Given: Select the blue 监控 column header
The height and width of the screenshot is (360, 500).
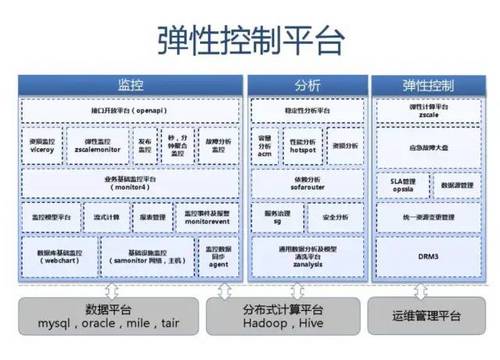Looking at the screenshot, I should click(x=131, y=85).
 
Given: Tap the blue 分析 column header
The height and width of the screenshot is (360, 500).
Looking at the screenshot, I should click(x=306, y=85).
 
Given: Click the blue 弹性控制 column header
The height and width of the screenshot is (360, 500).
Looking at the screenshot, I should click(x=432, y=85).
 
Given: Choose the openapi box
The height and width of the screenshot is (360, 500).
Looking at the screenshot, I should click(x=131, y=108).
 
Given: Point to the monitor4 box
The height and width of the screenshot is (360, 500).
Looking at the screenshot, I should click(x=131, y=185).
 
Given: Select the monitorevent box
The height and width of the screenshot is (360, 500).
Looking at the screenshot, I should click(x=208, y=217).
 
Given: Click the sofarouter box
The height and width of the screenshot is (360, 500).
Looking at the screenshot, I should click(x=306, y=185).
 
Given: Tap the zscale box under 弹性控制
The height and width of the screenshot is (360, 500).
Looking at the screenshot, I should click(x=432, y=110).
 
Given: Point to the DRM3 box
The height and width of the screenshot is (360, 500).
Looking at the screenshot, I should click(x=432, y=257).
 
